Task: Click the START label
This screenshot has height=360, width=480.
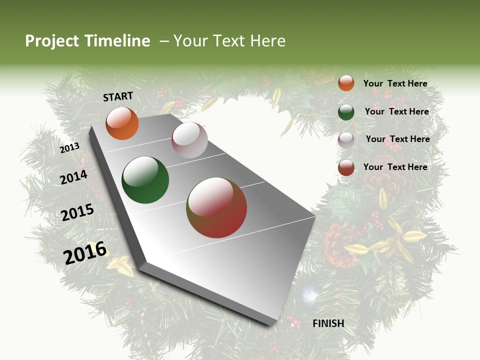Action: point(118,96)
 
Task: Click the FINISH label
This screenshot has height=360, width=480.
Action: point(328,323)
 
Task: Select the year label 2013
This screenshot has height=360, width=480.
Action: point(70,148)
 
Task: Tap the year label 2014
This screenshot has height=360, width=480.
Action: point(74,177)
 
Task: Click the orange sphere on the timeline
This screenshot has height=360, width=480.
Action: point(122,123)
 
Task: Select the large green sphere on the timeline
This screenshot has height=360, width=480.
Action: point(145,180)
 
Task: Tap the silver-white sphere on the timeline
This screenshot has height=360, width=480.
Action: point(189,140)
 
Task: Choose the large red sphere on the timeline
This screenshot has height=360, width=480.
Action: point(216,208)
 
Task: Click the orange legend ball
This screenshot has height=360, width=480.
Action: point(346,83)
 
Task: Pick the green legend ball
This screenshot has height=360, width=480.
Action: point(346,112)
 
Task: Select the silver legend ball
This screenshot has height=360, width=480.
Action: point(346,140)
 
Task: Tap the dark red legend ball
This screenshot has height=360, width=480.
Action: point(346,167)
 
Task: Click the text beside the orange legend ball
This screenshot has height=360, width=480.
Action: point(395,83)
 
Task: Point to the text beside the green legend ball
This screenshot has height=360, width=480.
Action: point(397,111)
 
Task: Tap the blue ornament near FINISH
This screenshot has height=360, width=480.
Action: point(309,295)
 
